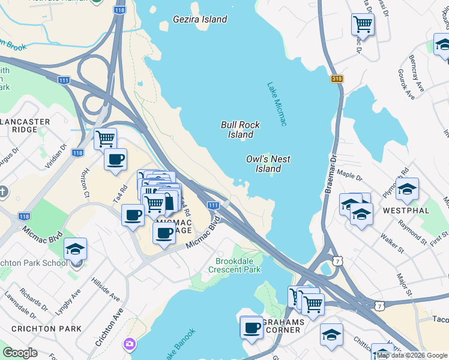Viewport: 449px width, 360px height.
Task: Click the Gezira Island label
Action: pyautogui.click(x=200, y=19)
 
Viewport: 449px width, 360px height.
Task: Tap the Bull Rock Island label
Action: pyautogui.click(x=240, y=130)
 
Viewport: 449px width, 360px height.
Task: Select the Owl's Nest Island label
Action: pyautogui.click(x=268, y=164)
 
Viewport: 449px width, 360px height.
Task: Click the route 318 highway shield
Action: pyautogui.click(x=337, y=79)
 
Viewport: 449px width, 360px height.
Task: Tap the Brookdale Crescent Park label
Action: pyautogui.click(x=238, y=265)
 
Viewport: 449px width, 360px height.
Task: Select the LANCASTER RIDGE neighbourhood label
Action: pyautogui.click(x=25, y=125)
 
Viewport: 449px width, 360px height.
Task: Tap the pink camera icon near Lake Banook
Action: pyautogui.click(x=130, y=344)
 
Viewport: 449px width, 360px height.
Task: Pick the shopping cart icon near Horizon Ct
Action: pyautogui.click(x=105, y=139)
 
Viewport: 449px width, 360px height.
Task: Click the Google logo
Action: pyautogui.click(x=20, y=353)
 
